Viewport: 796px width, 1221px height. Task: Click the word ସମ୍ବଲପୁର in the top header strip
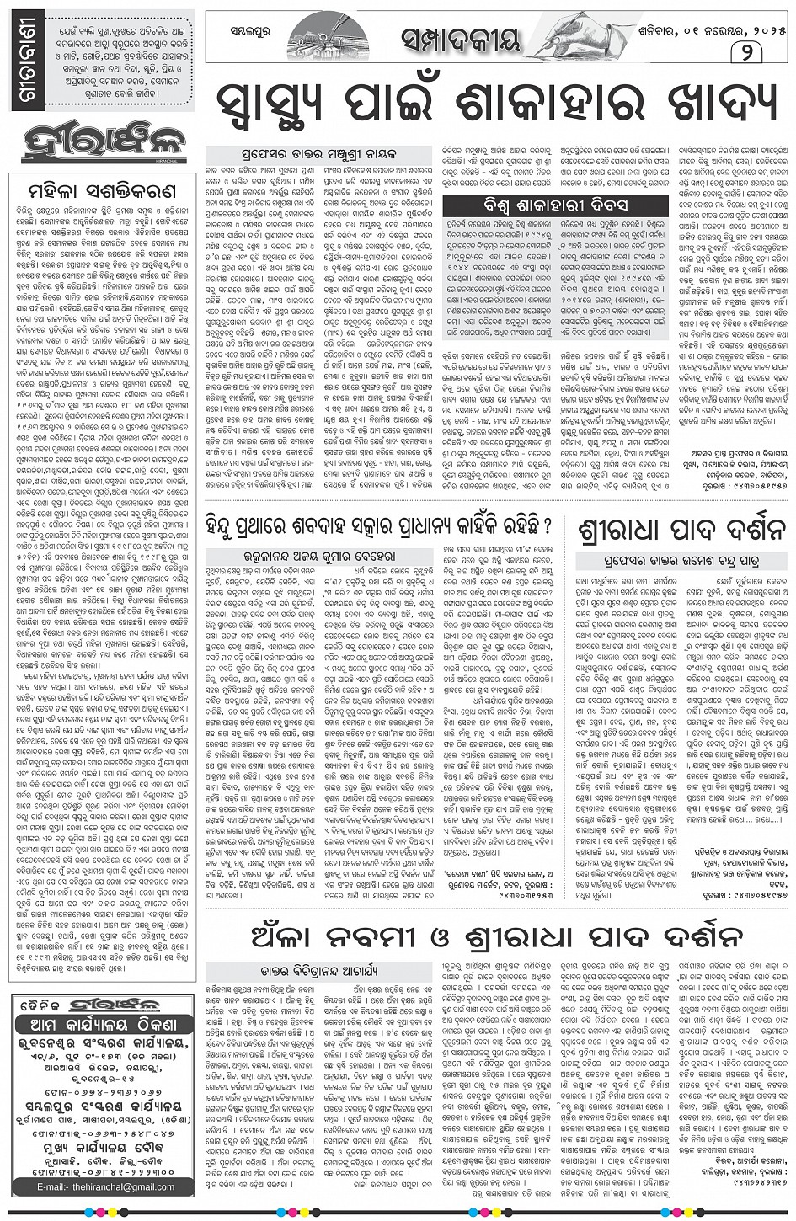tap(249, 37)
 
